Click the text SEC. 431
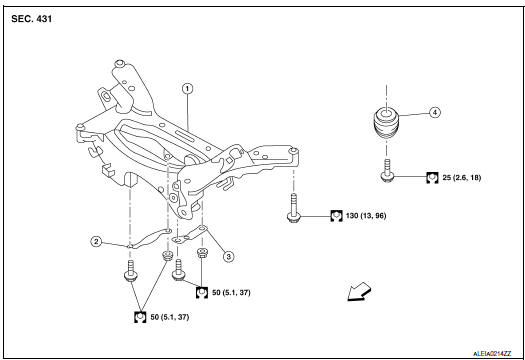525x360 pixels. pos(33,19)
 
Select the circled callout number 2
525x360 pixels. pos(96,241)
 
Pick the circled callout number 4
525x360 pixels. pos(434,113)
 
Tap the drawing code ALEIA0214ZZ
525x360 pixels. pos(489,352)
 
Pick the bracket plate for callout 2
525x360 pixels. pos(146,240)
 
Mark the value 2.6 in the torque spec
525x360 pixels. pos(466,177)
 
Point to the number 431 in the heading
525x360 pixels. pos(47,19)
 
